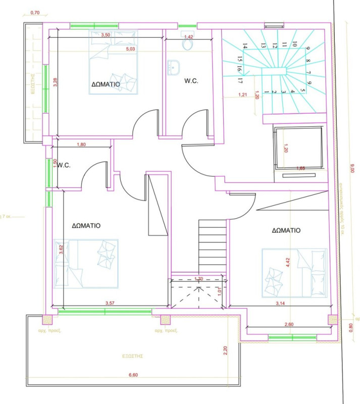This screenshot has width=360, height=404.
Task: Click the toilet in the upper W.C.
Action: [x=188, y=44]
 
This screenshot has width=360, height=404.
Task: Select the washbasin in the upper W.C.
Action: [x=174, y=68]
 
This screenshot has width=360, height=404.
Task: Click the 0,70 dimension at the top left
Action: [x=35, y=13]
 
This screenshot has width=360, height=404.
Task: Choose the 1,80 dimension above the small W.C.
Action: [x=81, y=145]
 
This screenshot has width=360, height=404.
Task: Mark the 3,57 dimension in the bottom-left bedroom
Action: [x=110, y=303]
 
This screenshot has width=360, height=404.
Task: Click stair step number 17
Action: [x=241, y=81]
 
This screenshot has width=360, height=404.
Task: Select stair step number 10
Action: [x=294, y=44]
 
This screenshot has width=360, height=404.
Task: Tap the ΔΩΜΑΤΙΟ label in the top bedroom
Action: [x=106, y=84]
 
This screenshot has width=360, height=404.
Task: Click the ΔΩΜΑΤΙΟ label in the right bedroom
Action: [x=286, y=230]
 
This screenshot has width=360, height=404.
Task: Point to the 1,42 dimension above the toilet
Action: [x=189, y=37]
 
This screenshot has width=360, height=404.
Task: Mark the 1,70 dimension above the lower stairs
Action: [x=198, y=279]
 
